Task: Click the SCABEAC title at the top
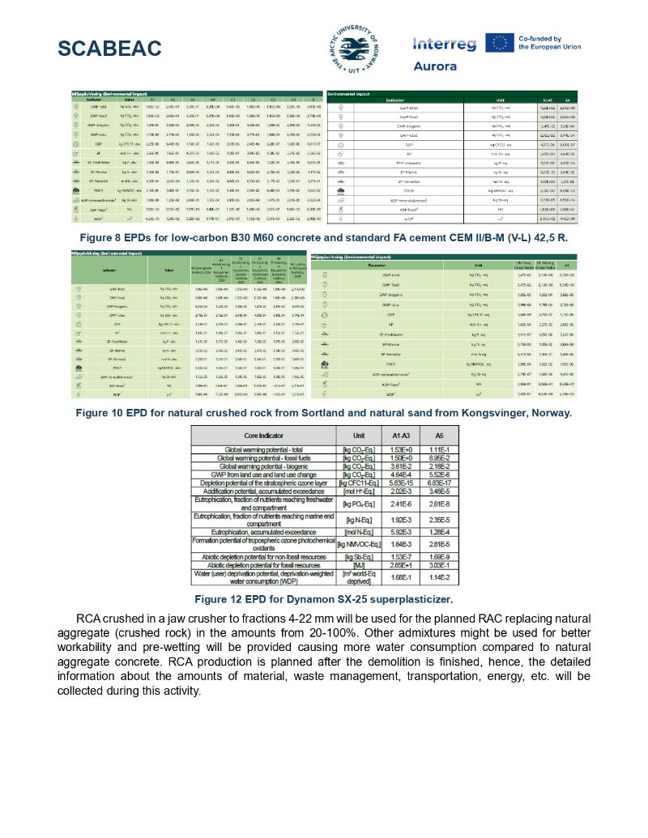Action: pyautogui.click(x=109, y=49)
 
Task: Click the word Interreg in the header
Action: pyautogui.click(x=444, y=44)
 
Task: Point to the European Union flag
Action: pyautogui.click(x=497, y=43)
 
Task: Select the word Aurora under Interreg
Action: pyautogui.click(x=435, y=66)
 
